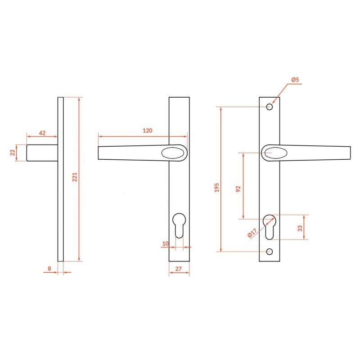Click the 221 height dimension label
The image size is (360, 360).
click(75, 177)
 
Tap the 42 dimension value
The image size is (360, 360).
click(42, 133)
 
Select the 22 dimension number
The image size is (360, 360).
click(13, 153)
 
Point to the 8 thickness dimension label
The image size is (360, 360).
click(49, 268)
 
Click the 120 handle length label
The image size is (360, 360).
click(148, 130)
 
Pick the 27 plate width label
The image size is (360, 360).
click(178, 269)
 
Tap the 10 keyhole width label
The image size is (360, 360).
click(165, 243)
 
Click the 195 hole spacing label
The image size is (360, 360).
click(217, 188)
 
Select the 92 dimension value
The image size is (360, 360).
click(238, 189)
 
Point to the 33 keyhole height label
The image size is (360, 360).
click(300, 228)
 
